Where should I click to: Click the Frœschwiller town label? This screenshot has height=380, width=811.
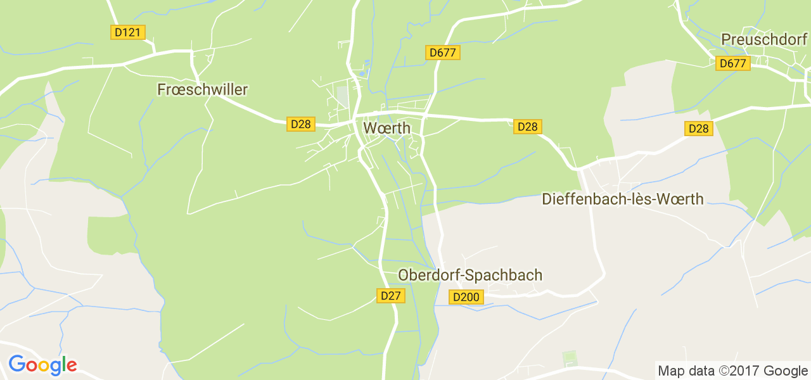(202, 90)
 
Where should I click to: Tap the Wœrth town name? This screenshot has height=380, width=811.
(386, 128)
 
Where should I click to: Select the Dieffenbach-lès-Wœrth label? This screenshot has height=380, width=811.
(623, 199)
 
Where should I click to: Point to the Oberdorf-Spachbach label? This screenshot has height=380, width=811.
(470, 275)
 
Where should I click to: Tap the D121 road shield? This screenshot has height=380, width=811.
(129, 32)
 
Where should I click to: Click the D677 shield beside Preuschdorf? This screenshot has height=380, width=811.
(733, 63)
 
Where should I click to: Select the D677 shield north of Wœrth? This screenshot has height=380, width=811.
(442, 53)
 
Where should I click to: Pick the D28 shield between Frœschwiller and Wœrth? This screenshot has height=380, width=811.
(300, 124)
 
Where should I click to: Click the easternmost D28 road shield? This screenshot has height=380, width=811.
(699, 129)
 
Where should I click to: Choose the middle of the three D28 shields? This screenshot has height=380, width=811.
(527, 127)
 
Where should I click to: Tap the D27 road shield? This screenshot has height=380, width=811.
(391, 295)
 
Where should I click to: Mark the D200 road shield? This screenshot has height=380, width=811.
(467, 296)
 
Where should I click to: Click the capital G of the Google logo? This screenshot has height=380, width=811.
(16, 365)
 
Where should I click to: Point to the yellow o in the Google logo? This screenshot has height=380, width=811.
(44, 366)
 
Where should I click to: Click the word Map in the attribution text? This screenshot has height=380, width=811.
(670, 370)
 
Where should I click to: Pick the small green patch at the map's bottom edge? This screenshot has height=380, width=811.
(570, 358)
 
